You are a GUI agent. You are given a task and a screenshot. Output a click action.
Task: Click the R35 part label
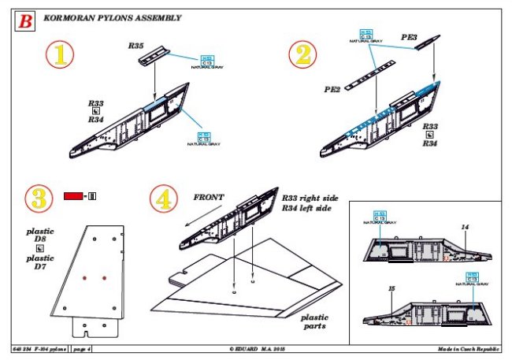pyautogui.click(x=136, y=46)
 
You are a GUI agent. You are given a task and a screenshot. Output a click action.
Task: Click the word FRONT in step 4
pyautogui.click(x=207, y=196)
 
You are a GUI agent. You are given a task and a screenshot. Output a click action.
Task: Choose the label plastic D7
pyautogui.click(x=38, y=263)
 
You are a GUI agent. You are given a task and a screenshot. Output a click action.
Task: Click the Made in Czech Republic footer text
pyautogui.click(x=468, y=347)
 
